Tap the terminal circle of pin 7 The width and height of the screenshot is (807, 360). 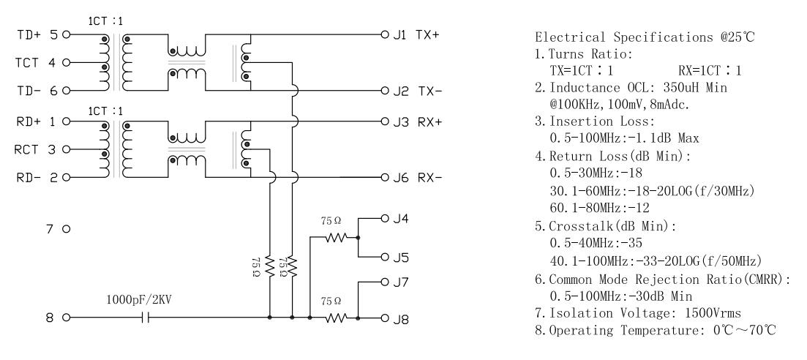(x=67, y=230)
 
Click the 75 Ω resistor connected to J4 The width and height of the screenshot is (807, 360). (x=336, y=237)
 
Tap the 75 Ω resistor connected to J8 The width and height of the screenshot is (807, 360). (x=336, y=318)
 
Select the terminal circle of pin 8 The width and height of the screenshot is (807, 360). (x=67, y=318)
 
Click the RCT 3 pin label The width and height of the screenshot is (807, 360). (x=35, y=149)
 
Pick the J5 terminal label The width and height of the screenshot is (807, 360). (x=400, y=258)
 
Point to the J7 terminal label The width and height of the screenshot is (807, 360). (x=400, y=282)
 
